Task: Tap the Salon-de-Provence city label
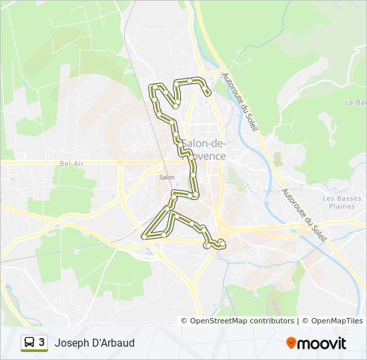(203, 150)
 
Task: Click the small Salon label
(167, 177)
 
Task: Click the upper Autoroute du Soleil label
(239, 101)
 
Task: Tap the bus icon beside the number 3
(30, 343)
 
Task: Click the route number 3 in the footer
(42, 343)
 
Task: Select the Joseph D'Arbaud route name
(94, 343)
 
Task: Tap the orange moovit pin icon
(292, 343)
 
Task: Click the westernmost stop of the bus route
(144, 236)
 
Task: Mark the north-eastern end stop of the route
(209, 93)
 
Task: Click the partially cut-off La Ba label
(356, 102)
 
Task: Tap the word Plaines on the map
(342, 206)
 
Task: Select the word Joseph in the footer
(69, 343)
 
